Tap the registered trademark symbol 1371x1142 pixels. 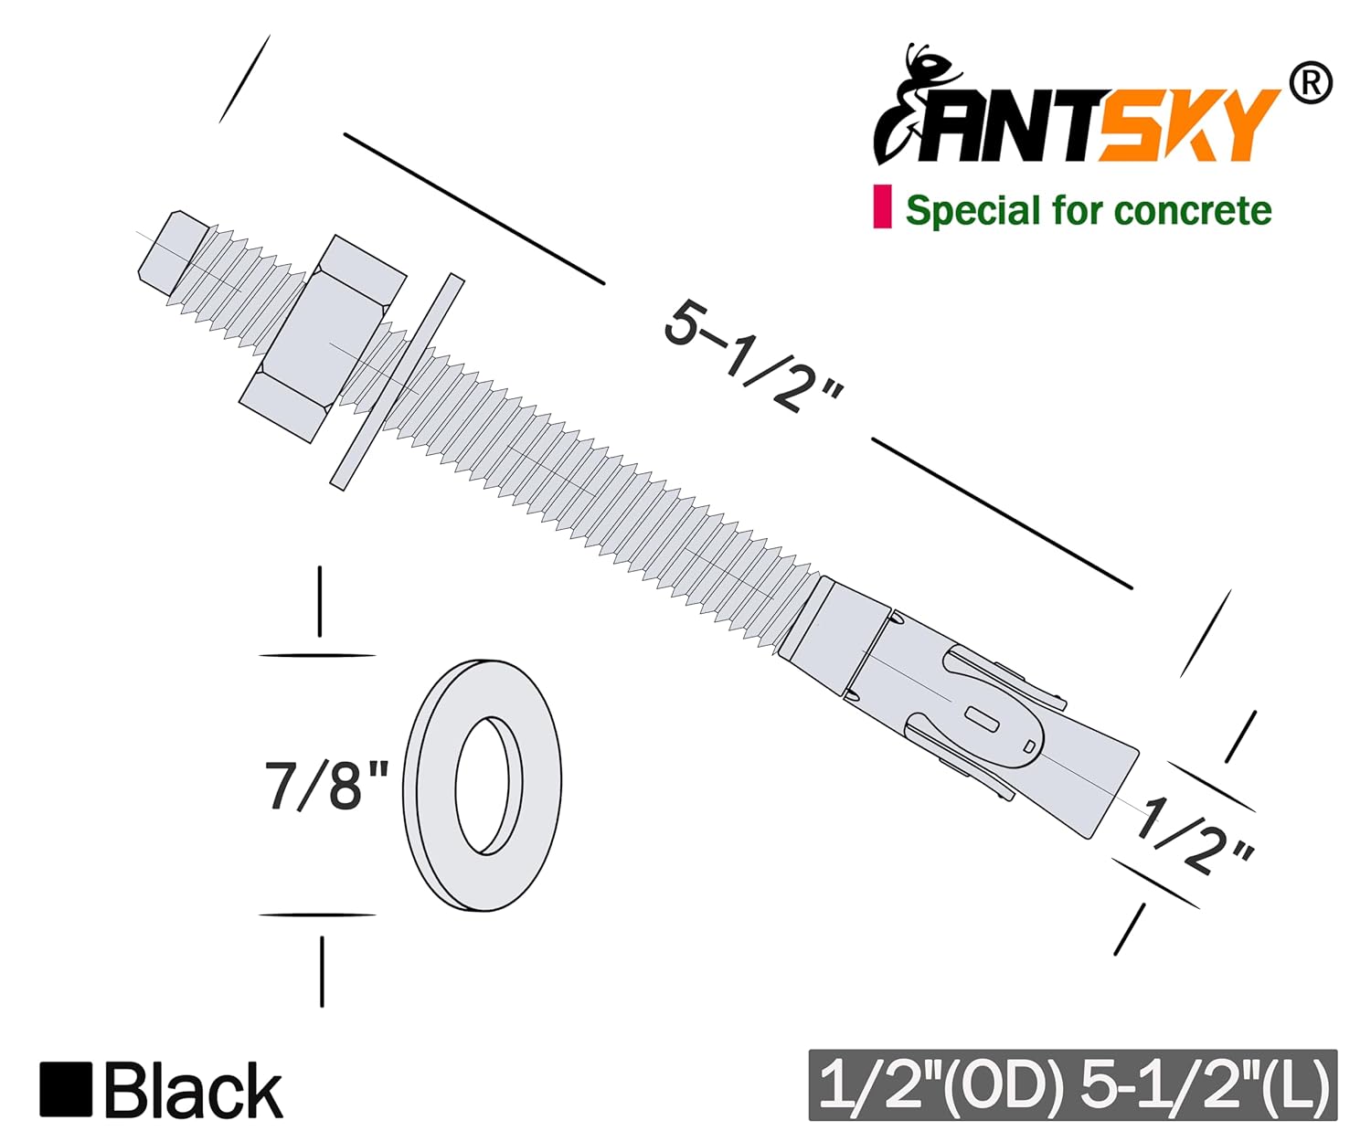coord(1310,84)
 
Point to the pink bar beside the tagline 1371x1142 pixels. coord(882,206)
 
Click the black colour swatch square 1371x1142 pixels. coord(66,1089)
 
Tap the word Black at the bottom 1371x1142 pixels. coord(193,1091)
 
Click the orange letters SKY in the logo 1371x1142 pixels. coord(1188,126)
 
